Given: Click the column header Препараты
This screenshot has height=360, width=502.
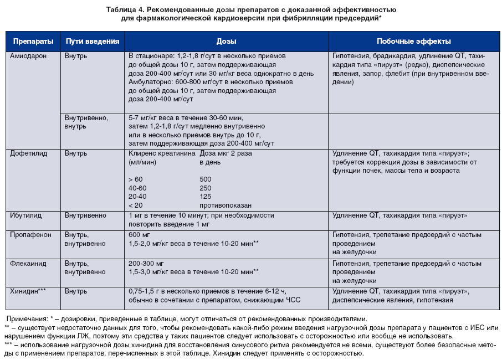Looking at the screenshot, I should click(33, 42).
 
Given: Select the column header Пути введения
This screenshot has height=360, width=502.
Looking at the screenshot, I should click(92, 42).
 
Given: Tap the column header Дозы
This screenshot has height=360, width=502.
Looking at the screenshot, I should click(226, 42).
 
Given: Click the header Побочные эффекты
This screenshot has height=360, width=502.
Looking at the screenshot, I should click(413, 42).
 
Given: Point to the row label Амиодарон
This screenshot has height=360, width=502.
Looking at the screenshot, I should click(28, 56).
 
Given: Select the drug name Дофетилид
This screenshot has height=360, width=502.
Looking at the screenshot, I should click(28, 153).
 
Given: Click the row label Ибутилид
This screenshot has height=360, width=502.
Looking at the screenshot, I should click(26, 215).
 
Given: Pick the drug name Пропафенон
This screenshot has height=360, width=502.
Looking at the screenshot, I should click(30, 234).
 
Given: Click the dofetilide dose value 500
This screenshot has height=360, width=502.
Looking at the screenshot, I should click(206, 179).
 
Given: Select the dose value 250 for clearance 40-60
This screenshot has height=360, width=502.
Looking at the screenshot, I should click(206, 188).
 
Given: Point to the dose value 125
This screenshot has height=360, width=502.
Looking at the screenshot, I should click(206, 196).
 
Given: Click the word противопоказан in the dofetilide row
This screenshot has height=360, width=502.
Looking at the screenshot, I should click(226, 204).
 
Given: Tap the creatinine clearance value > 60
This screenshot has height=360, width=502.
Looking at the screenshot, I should click(135, 179).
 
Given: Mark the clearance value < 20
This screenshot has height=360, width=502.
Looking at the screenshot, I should click(135, 204).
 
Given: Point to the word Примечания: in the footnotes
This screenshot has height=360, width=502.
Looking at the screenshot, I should click(27, 319).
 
